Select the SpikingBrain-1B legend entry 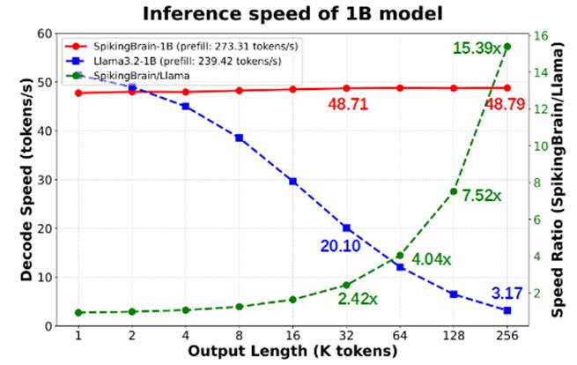click(x=159, y=45)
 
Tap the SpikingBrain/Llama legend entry click(x=132, y=78)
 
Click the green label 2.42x click(x=356, y=299)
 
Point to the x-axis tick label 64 click(x=400, y=336)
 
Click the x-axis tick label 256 click(x=507, y=336)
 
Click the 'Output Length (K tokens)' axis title click(x=292, y=352)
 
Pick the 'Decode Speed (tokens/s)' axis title click(x=26, y=179)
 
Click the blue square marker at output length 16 click(x=292, y=181)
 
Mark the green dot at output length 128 click(x=454, y=191)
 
